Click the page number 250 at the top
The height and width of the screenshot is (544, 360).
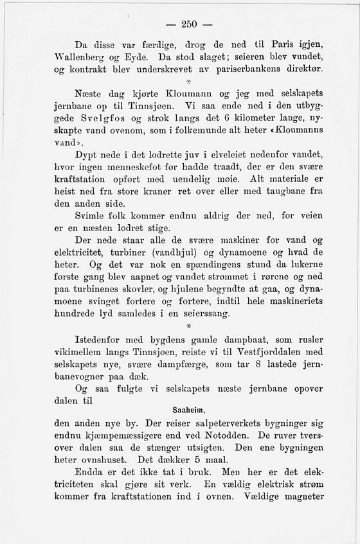pos(189,24)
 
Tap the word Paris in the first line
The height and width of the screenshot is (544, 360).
pos(286,45)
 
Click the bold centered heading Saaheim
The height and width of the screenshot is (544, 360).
pos(189,409)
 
